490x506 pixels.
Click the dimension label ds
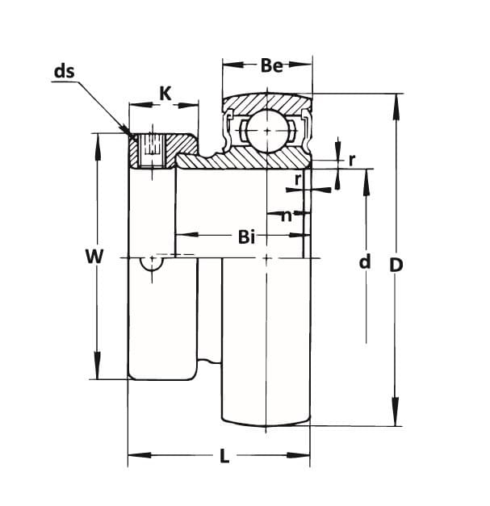(64, 71)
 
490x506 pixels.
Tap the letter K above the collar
(165, 94)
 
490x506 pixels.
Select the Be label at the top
(271, 65)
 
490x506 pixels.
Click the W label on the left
(94, 257)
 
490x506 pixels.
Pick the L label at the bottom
(224, 456)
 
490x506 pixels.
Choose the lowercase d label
(365, 261)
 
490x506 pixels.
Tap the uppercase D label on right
(396, 264)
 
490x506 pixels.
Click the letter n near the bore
(287, 215)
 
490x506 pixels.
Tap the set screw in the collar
(151, 148)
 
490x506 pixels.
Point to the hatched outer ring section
(266, 102)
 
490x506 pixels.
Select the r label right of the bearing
(352, 159)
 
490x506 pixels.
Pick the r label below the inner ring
(298, 179)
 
